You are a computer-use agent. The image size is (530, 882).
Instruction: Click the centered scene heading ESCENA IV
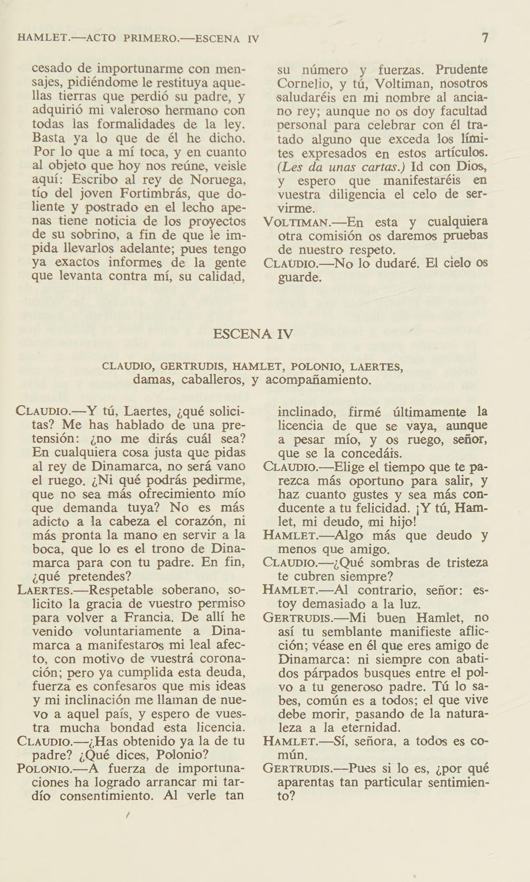tap(253, 334)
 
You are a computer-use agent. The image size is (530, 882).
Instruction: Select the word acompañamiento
tap(316, 379)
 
